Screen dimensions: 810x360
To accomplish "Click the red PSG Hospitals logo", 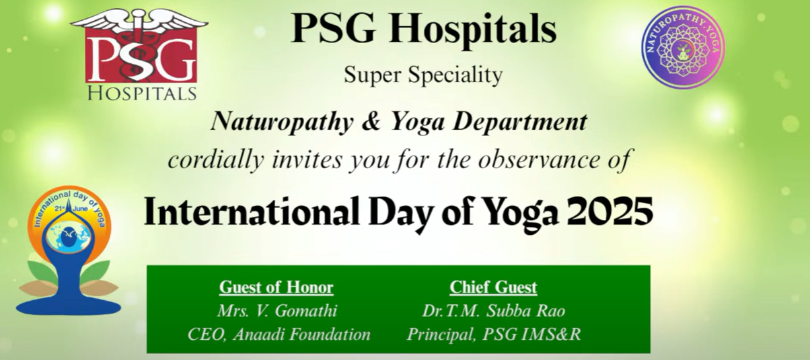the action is pyautogui.click(x=139, y=55).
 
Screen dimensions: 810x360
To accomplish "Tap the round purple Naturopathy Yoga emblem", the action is pyautogui.click(x=683, y=47).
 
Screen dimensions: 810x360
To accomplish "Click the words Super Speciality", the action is pyautogui.click(x=423, y=75).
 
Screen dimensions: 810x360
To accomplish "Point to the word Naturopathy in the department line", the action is pyautogui.click(x=282, y=122).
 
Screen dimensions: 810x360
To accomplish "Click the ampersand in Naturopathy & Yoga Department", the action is pyautogui.click(x=371, y=121).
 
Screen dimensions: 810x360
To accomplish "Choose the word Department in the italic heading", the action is pyautogui.click(x=520, y=122).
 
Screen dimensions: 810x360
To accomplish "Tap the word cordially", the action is pyautogui.click(x=216, y=159).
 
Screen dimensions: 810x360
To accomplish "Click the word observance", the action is pyautogui.click(x=539, y=159).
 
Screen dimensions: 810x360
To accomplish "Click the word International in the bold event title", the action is pyautogui.click(x=252, y=212).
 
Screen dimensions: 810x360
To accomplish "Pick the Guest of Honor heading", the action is pyautogui.click(x=277, y=287).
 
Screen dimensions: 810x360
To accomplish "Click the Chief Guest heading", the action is pyautogui.click(x=493, y=287).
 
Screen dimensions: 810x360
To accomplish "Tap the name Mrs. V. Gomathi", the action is pyautogui.click(x=277, y=311).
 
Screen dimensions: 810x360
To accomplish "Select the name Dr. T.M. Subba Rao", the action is pyautogui.click(x=493, y=311).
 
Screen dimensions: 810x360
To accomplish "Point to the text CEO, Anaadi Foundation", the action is pyautogui.click(x=279, y=334).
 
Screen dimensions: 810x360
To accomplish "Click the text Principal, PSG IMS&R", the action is pyautogui.click(x=494, y=334).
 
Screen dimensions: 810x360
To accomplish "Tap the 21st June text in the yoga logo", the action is pyautogui.click(x=71, y=209).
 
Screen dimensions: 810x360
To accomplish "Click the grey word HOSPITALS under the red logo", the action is pyautogui.click(x=142, y=94).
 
